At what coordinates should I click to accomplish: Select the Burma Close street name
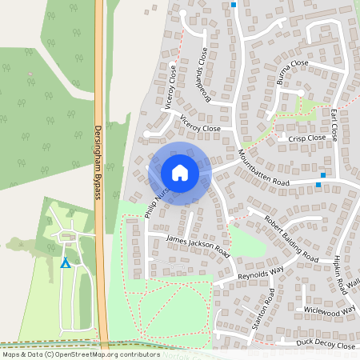point(292,72)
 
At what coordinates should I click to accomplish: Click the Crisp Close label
point(307,138)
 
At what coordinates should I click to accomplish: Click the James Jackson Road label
point(197,246)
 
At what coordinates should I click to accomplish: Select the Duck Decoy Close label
point(325,346)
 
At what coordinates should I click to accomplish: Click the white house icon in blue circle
point(180,173)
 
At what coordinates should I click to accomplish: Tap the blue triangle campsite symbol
point(66,263)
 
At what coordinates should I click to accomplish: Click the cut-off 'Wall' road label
point(354,286)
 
